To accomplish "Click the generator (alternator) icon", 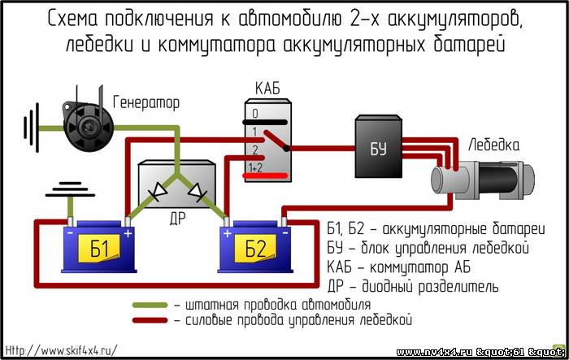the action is tap(88, 124).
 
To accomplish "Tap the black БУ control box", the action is tap(378, 146).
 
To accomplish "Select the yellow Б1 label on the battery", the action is tap(99, 248).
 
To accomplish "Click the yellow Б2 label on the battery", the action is tap(255, 248).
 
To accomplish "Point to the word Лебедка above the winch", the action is tap(494, 145).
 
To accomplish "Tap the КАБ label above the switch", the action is tap(267, 89).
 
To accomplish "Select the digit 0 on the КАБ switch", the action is tap(255, 114).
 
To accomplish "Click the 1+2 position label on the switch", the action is tap(256, 167).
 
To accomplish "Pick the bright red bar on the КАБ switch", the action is tap(265, 176).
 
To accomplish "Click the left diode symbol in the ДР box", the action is tap(157, 190).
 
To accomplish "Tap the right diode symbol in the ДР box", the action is tap(198, 192).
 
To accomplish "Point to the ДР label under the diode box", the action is tap(177, 219).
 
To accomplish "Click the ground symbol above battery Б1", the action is tap(70, 189).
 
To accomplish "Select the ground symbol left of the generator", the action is tap(31, 128).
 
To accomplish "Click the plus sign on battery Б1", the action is tap(128, 234).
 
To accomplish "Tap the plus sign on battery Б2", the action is tap(227, 233).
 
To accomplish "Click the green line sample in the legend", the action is tap(150, 306).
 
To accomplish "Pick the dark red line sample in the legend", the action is tap(150, 320).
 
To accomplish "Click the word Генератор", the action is tap(146, 102).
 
